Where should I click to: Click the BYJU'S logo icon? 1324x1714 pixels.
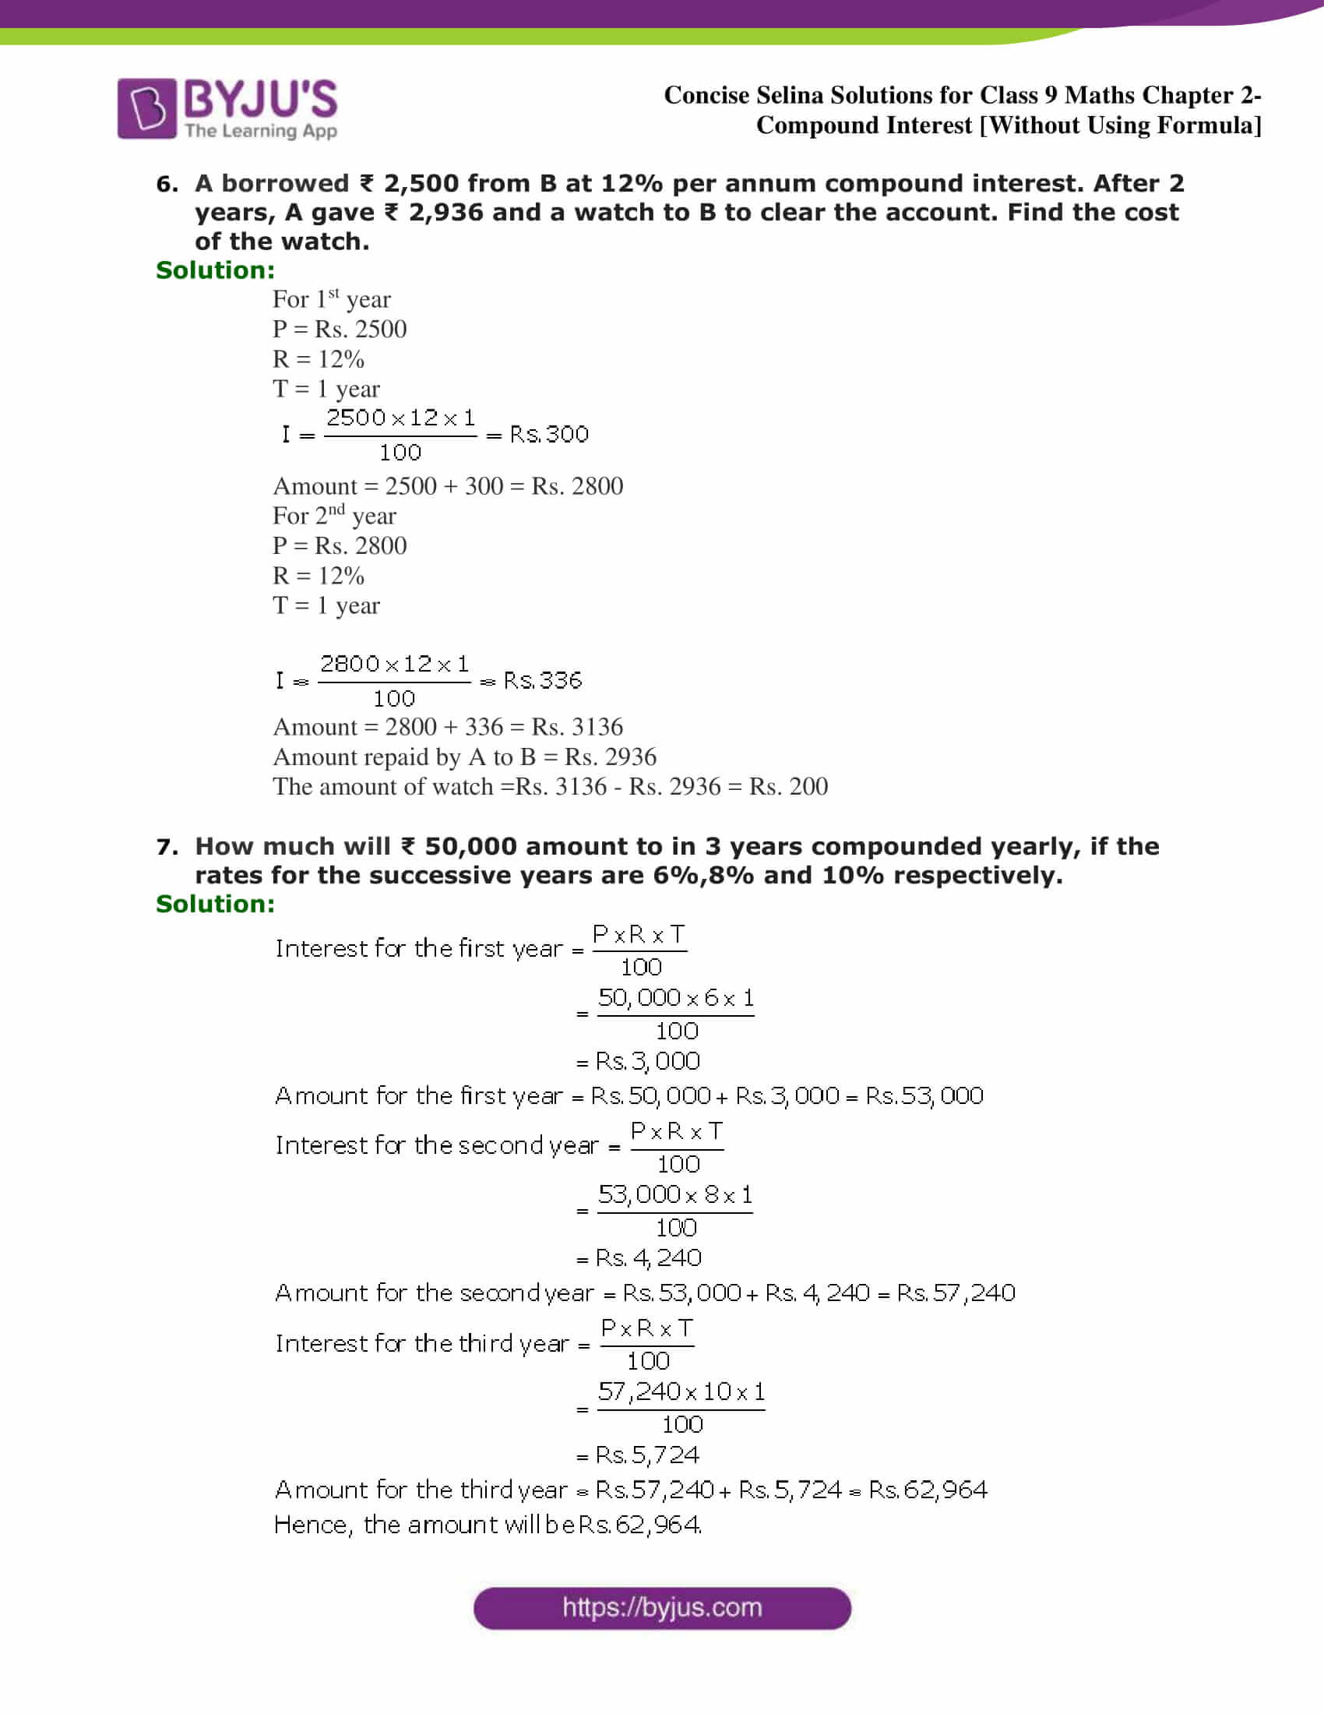146,108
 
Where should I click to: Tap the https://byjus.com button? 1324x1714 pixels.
662,1608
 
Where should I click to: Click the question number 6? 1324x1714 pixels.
167,184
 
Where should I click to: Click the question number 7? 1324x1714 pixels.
167,847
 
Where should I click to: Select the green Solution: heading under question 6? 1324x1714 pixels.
216,270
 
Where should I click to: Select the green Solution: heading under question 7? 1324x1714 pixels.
216,904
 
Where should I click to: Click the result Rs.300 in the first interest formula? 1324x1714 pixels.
549,434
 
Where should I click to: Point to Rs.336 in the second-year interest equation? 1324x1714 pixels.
543,680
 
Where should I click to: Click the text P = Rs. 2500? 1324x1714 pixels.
340,329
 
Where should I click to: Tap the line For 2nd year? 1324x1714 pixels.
334,516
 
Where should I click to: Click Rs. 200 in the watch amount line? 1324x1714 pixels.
788,786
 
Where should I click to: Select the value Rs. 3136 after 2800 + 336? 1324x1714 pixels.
577,727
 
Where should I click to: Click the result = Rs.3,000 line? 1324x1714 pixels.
639,1061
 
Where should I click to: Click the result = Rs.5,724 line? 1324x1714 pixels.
638,1455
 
